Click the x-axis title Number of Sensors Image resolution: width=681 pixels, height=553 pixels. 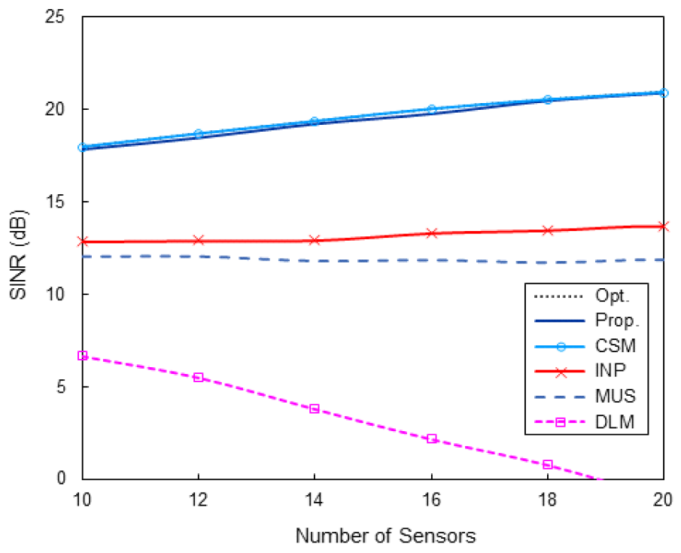[385, 536]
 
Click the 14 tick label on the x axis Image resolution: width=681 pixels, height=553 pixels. [315, 498]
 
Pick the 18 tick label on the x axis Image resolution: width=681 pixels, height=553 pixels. [547, 498]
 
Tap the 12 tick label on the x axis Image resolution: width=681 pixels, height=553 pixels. [198, 498]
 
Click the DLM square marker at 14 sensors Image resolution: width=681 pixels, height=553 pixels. [315, 409]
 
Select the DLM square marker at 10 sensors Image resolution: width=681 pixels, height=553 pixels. [83, 355]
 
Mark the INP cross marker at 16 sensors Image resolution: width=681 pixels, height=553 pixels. [431, 233]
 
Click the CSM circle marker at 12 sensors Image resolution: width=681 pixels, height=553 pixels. [199, 134]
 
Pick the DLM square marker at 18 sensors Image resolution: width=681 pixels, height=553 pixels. [547, 464]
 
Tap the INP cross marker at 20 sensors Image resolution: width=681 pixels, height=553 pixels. [663, 226]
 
